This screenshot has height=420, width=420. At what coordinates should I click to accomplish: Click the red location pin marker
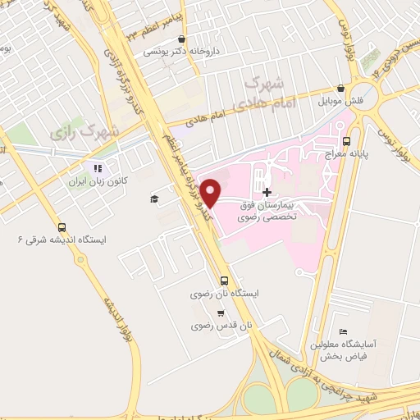[211, 194]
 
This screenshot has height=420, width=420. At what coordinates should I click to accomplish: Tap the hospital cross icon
[267, 191]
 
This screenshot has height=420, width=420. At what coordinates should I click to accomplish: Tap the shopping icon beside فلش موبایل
[340, 89]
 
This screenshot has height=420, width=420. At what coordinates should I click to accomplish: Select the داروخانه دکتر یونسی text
[174, 52]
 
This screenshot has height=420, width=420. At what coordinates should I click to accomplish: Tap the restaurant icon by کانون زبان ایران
[97, 170]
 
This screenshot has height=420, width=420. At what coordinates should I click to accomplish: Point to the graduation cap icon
[153, 199]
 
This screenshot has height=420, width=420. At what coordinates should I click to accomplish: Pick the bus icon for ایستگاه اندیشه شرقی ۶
[62, 227]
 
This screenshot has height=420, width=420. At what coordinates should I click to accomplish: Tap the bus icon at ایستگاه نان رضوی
[225, 279]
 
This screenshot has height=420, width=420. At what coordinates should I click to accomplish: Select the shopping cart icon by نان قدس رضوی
[221, 313]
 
